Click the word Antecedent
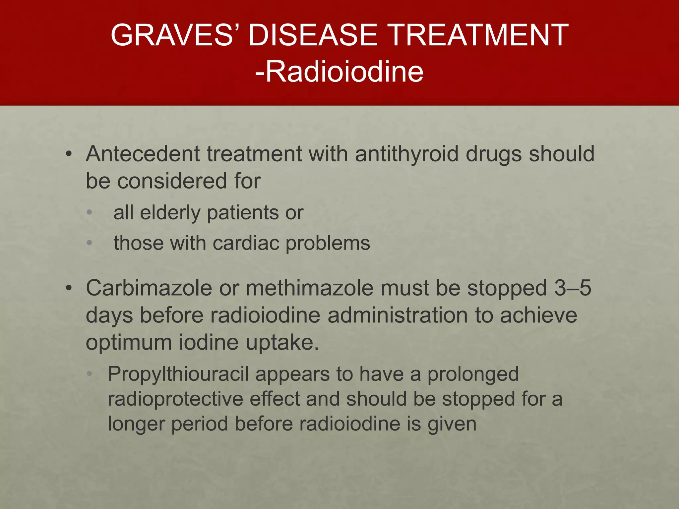tap(143, 154)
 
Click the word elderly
tap(170, 212)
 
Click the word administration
tap(398, 315)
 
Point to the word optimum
tap(129, 343)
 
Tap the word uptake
tap(282, 343)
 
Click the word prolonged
tap(473, 374)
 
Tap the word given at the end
tap(452, 424)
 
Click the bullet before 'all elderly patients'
tap(89, 212)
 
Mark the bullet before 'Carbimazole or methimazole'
tap(68, 288)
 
